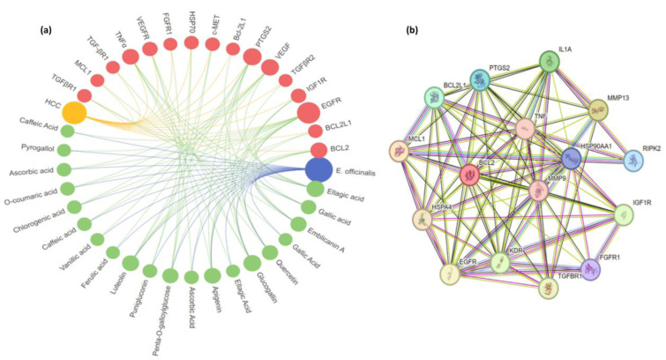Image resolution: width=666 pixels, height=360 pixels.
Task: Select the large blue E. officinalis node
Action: pos(318,169)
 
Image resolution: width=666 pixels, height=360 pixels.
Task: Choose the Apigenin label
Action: pos(212,303)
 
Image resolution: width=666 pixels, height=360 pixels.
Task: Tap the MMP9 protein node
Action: pos(543,188)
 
